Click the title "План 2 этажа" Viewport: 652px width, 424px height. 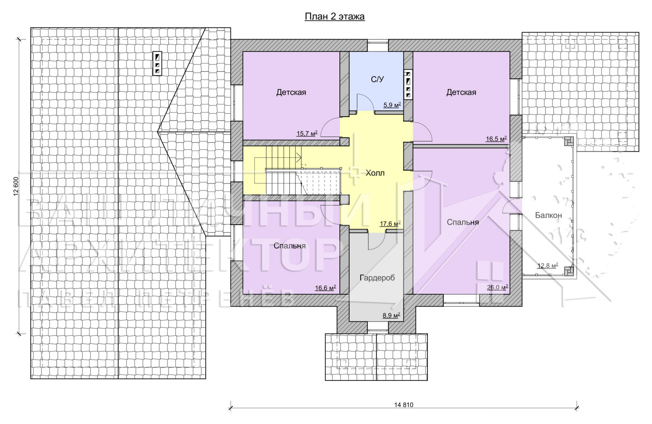coord(335,17)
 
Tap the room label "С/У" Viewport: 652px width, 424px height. coord(377,79)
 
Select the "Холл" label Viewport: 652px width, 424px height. coord(375,173)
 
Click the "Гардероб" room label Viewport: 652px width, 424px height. coord(377,278)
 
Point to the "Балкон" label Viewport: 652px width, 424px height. coord(548,215)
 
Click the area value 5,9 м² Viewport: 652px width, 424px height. coord(392,105)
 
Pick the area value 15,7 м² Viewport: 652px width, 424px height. coord(307,133)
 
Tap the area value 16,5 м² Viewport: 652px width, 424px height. coord(496,139)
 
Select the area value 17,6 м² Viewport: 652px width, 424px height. coord(390,224)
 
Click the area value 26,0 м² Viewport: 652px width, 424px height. coord(498,287)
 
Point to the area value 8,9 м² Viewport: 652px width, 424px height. coord(391,315)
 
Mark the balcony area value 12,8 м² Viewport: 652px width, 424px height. coord(548,265)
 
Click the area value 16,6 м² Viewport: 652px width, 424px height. coord(326,288)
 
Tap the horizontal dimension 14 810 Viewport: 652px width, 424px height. coord(404,405)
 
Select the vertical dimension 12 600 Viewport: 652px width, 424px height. coord(16,186)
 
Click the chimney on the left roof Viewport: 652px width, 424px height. coord(157,64)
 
